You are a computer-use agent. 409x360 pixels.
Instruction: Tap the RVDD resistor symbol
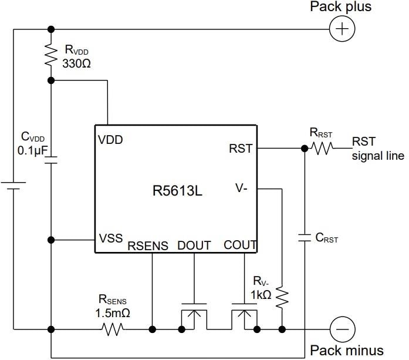[51, 55]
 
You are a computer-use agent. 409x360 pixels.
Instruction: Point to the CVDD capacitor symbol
[51, 160]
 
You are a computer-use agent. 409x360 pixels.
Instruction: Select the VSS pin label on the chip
[110, 238]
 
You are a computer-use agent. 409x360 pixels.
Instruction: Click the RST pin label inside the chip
[241, 149]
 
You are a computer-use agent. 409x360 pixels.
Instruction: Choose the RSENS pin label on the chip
[148, 246]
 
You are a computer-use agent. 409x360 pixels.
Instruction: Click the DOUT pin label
[194, 245]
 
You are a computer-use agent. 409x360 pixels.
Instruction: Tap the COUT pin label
[241, 245]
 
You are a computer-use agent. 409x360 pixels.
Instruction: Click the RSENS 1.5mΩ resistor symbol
[112, 329]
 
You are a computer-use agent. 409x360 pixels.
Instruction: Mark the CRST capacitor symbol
[305, 238]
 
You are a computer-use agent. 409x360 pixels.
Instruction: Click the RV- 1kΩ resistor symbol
[282, 297]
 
